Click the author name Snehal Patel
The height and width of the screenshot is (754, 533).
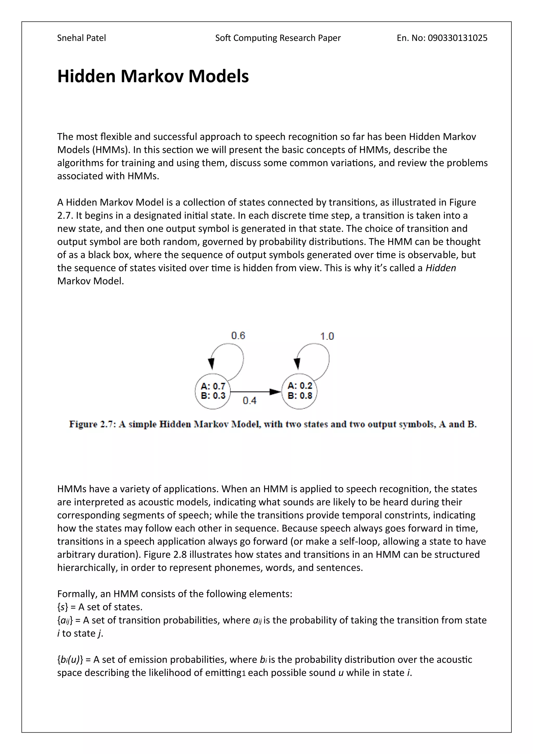tap(81, 38)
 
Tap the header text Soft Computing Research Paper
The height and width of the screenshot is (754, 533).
tap(278, 38)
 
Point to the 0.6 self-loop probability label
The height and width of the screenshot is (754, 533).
tap(238, 335)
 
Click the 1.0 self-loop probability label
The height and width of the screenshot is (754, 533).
tap(327, 336)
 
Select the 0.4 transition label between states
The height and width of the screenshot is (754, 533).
tap(249, 400)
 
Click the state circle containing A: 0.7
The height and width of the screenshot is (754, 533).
tap(213, 391)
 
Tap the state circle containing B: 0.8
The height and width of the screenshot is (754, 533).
tap(299, 391)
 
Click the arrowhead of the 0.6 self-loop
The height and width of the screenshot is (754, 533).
tap(211, 363)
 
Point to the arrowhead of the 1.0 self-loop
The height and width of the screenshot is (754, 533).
tap(297, 363)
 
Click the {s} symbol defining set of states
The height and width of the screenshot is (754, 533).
tap(62, 607)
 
